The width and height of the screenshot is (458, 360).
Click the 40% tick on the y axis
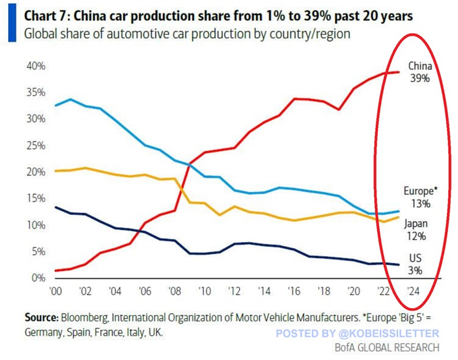pos(36,66)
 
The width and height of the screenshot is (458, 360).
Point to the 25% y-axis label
pos(36,146)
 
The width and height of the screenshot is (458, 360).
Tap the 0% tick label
pos(39,278)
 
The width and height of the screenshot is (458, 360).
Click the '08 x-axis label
pos(175,291)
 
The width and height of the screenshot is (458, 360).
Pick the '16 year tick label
pos(293,291)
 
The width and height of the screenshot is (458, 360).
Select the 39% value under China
pos(419,78)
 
